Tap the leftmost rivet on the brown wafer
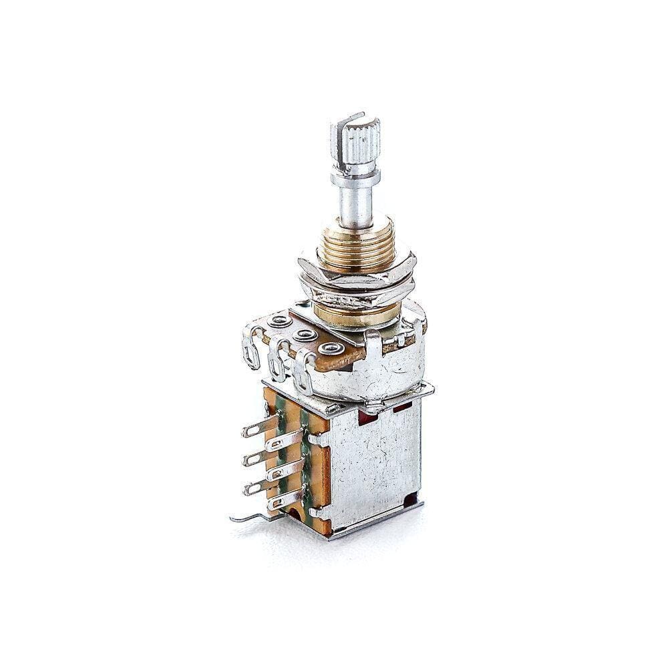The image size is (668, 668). (276, 322)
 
